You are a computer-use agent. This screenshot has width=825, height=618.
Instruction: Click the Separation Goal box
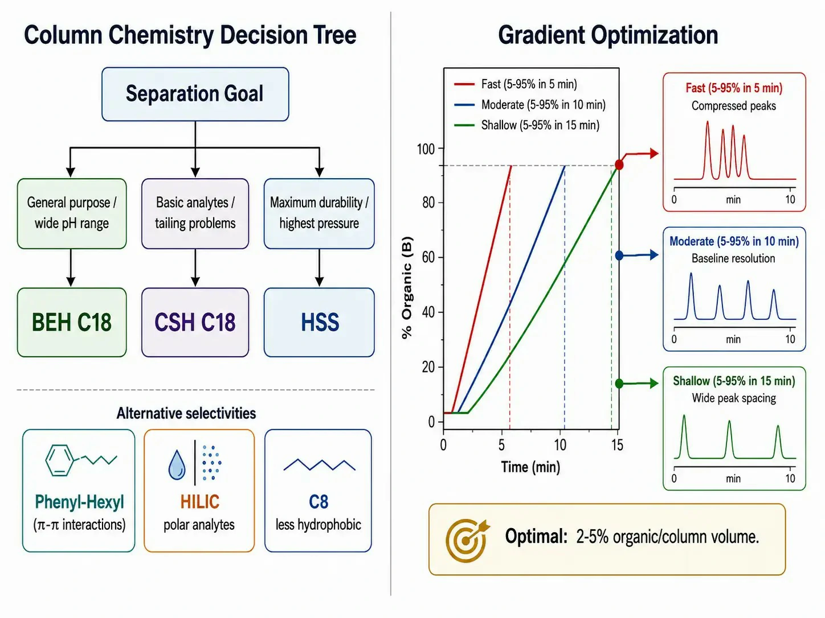pyautogui.click(x=195, y=94)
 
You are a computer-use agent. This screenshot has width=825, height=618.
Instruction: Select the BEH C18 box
pyautogui.click(x=72, y=322)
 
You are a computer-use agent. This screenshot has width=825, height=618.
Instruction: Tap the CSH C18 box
pyautogui.click(x=195, y=322)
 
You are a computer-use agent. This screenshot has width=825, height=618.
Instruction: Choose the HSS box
pyautogui.click(x=319, y=322)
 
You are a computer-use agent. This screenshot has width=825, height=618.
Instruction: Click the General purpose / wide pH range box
pyautogui.click(x=72, y=213)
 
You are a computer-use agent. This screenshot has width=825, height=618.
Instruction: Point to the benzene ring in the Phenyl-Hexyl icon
pyautogui.click(x=59, y=460)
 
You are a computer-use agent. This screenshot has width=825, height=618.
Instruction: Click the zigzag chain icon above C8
pyautogui.click(x=319, y=464)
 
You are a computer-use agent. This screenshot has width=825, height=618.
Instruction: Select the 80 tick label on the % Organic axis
pyautogui.click(x=428, y=203)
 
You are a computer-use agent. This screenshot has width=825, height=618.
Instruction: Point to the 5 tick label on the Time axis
pyautogui.click(x=501, y=445)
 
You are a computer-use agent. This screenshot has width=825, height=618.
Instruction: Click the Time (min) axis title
pyautogui.click(x=530, y=467)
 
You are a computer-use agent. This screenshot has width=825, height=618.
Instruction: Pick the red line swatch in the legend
pyautogui.click(x=464, y=84)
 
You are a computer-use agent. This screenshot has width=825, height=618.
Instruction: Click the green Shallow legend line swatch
pyautogui.click(x=464, y=125)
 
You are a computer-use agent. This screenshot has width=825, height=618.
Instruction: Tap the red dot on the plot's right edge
pyautogui.click(x=619, y=164)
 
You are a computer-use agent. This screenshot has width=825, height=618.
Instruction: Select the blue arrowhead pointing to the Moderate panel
pyautogui.click(x=654, y=255)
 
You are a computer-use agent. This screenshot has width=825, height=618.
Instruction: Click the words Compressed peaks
pyautogui.click(x=734, y=106)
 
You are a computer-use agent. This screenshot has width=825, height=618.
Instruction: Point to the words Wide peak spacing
pyautogui.click(x=734, y=398)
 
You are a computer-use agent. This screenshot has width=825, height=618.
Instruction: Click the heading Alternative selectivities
pyautogui.click(x=186, y=414)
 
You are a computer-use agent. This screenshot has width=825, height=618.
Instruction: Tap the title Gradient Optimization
pyautogui.click(x=608, y=35)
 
